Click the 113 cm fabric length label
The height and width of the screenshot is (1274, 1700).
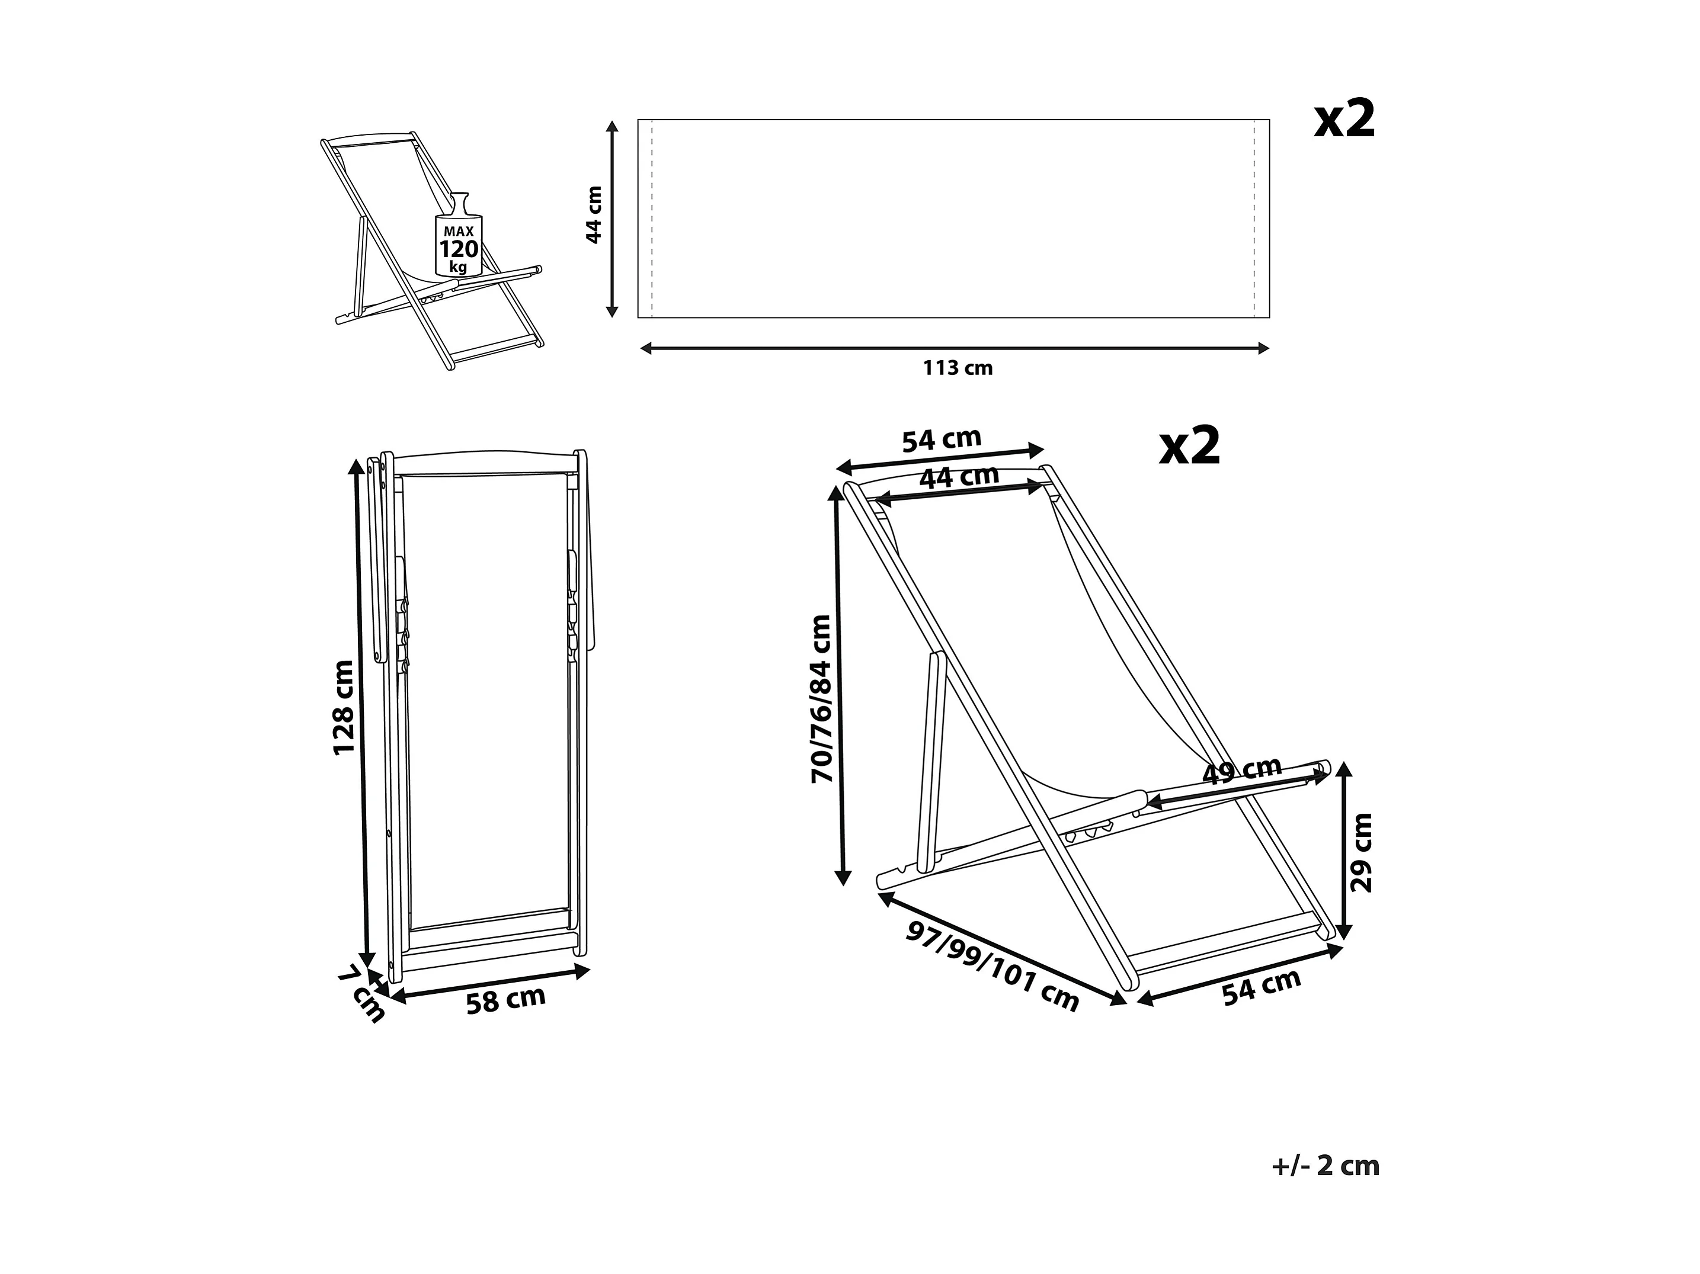click(958, 368)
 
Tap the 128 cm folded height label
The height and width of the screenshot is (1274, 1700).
click(342, 708)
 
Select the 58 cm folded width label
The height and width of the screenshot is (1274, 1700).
click(505, 1000)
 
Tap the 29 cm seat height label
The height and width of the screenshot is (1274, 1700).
click(1361, 852)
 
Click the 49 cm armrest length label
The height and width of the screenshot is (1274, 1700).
click(1241, 769)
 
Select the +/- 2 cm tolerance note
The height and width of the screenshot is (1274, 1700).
click(1325, 1166)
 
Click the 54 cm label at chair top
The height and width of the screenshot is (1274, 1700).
click(942, 440)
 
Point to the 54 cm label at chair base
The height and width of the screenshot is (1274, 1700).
click(1261, 987)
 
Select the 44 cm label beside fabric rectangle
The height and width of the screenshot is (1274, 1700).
click(594, 215)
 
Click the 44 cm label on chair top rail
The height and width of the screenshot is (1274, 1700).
click(959, 477)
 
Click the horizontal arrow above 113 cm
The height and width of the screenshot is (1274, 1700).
click(955, 349)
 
